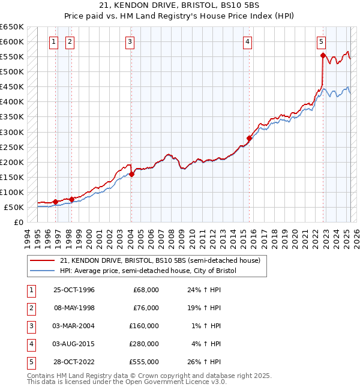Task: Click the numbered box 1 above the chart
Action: click(x=54, y=41)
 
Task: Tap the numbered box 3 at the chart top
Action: click(x=130, y=41)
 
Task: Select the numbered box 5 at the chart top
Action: click(x=322, y=41)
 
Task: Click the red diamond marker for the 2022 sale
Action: click(x=323, y=56)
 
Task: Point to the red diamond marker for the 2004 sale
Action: click(x=131, y=174)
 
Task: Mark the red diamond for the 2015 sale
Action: click(x=249, y=138)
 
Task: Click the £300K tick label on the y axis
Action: click(x=11, y=132)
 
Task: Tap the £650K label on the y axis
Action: click(x=11, y=27)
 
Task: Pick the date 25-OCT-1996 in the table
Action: click(x=74, y=290)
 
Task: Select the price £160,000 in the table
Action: click(x=146, y=326)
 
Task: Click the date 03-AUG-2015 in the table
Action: click(x=74, y=344)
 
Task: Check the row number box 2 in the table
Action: click(x=31, y=308)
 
